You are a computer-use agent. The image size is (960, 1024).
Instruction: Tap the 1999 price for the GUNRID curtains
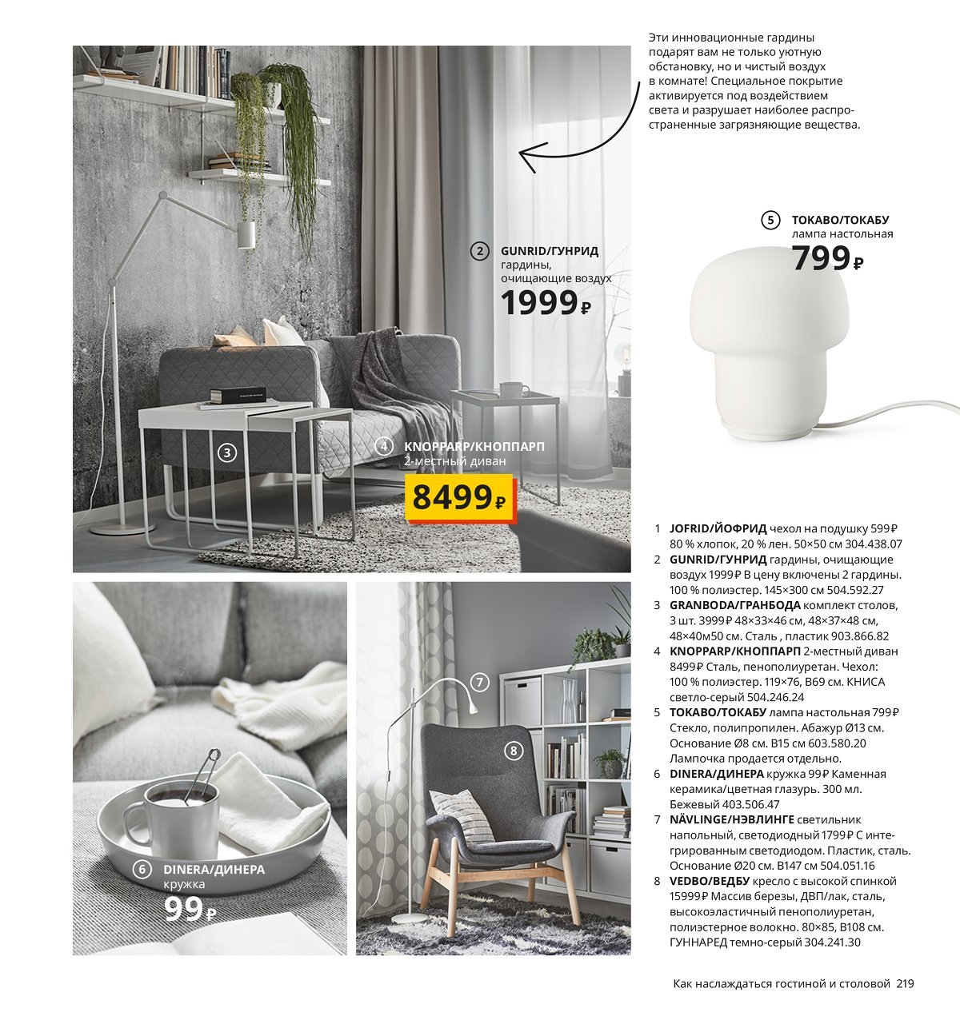click(545, 302)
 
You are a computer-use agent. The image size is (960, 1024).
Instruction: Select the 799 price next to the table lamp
click(827, 258)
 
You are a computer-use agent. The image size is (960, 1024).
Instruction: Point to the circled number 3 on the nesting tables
click(227, 452)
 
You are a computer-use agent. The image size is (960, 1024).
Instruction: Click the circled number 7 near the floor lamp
click(478, 682)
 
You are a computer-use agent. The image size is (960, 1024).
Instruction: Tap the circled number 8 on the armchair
click(513, 750)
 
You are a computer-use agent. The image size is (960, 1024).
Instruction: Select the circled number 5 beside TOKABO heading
click(770, 220)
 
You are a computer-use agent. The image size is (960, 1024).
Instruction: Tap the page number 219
click(905, 983)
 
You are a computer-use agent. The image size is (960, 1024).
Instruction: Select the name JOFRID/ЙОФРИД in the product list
click(718, 528)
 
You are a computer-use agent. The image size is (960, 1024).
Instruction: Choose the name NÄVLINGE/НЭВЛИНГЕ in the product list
click(731, 819)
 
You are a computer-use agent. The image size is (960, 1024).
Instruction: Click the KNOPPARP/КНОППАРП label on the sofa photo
click(474, 446)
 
